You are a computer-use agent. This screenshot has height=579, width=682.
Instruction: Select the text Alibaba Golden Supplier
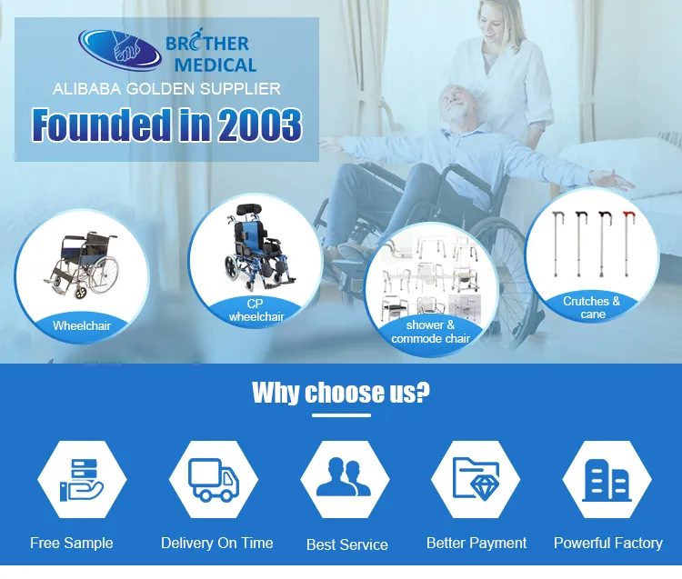[166, 89]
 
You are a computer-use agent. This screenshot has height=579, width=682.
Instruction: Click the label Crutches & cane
[592, 307]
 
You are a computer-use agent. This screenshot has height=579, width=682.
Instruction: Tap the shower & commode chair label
[430, 332]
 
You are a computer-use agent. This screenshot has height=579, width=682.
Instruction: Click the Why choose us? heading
[341, 393]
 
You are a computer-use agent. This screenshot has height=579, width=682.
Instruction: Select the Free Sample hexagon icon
[82, 480]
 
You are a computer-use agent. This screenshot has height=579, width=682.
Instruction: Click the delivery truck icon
[213, 480]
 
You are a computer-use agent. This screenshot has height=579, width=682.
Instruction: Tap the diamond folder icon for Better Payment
[476, 480]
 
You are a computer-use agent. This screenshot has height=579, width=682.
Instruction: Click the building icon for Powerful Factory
[607, 480]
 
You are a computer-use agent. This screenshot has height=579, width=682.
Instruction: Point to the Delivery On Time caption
[216, 543]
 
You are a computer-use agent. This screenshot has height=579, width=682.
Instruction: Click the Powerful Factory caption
[607, 543]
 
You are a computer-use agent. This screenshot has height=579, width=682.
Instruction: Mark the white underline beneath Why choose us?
[341, 416]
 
